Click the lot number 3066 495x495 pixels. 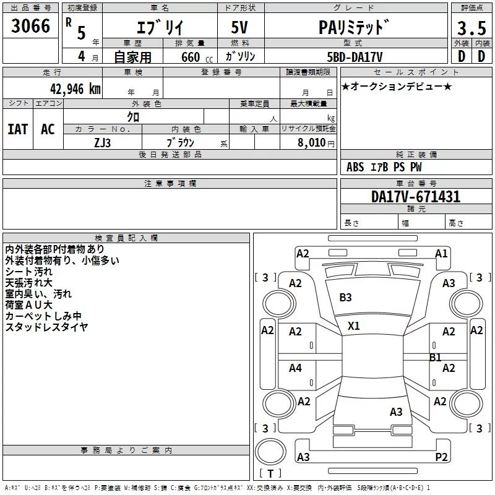(x=31, y=27)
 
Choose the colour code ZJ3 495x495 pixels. (x=103, y=142)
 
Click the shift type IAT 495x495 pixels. (x=18, y=129)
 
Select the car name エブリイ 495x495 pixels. (x=158, y=27)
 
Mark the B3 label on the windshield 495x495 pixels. (x=345, y=298)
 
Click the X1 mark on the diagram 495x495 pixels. (x=353, y=325)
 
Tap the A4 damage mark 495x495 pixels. (x=295, y=368)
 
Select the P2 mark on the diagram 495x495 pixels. (x=441, y=457)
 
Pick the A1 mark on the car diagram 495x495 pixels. (x=441, y=253)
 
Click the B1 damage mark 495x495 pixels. (x=436, y=358)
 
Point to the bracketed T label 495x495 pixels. (x=270, y=474)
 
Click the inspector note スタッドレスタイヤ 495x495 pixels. (x=46, y=327)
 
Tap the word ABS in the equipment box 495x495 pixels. (x=355, y=167)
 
